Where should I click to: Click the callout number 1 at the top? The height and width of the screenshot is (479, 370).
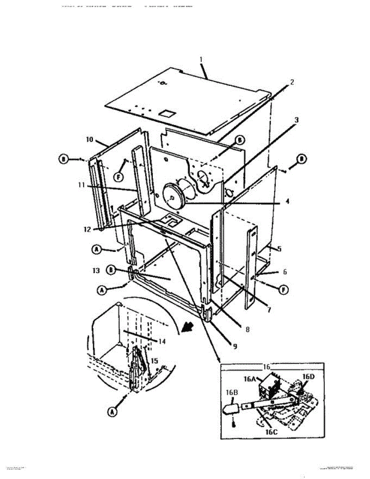point(201,59)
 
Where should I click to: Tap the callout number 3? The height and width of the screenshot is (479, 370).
point(297,119)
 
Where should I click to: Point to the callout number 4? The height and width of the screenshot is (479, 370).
point(287,202)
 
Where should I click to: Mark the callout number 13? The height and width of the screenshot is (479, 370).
point(96,270)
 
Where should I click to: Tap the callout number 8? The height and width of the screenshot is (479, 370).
point(247,329)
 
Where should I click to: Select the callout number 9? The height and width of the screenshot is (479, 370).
point(235,346)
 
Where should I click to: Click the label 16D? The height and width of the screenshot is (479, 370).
point(308,376)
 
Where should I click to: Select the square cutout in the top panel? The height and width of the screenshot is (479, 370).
point(166,113)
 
